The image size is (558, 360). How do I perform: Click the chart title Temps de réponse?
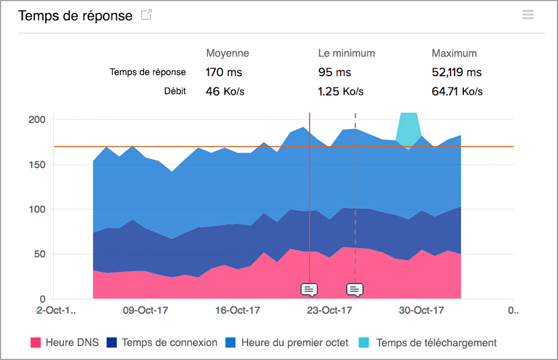76,16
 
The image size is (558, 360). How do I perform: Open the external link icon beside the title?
146,15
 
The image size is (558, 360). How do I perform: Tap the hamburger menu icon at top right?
528,15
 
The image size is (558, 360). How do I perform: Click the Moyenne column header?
227,53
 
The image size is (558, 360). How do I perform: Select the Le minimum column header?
346,53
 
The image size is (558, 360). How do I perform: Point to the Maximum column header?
454,53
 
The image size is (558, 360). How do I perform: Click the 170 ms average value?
224,73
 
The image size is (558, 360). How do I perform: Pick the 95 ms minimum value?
334,73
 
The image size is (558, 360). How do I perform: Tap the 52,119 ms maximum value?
456,73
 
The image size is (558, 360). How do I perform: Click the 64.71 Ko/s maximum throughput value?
457,91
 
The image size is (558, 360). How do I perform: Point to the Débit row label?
175,91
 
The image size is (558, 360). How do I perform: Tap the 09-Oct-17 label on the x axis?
145,310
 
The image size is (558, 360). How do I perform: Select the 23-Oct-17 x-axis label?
330,310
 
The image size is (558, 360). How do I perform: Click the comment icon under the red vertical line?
309,289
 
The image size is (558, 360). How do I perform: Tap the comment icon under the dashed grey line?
355,289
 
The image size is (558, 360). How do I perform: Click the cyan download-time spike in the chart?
409,128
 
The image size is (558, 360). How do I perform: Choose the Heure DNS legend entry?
65,343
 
